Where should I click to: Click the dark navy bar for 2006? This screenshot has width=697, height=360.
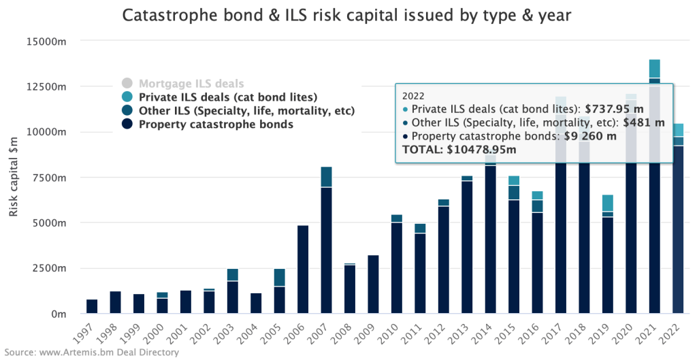[304, 269]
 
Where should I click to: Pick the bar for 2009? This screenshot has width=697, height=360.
[374, 284]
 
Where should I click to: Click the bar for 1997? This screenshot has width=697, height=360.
[92, 306]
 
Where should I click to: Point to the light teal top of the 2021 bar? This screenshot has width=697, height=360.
[654, 69]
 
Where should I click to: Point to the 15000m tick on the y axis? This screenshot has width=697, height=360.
[44, 42]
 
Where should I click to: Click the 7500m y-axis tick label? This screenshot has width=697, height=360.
[47, 178]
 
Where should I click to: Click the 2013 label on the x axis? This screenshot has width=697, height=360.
[463, 333]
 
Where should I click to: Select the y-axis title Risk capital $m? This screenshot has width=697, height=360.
[14, 177]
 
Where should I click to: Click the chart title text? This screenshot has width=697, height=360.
[348, 15]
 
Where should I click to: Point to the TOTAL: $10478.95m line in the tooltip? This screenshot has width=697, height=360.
[459, 150]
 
